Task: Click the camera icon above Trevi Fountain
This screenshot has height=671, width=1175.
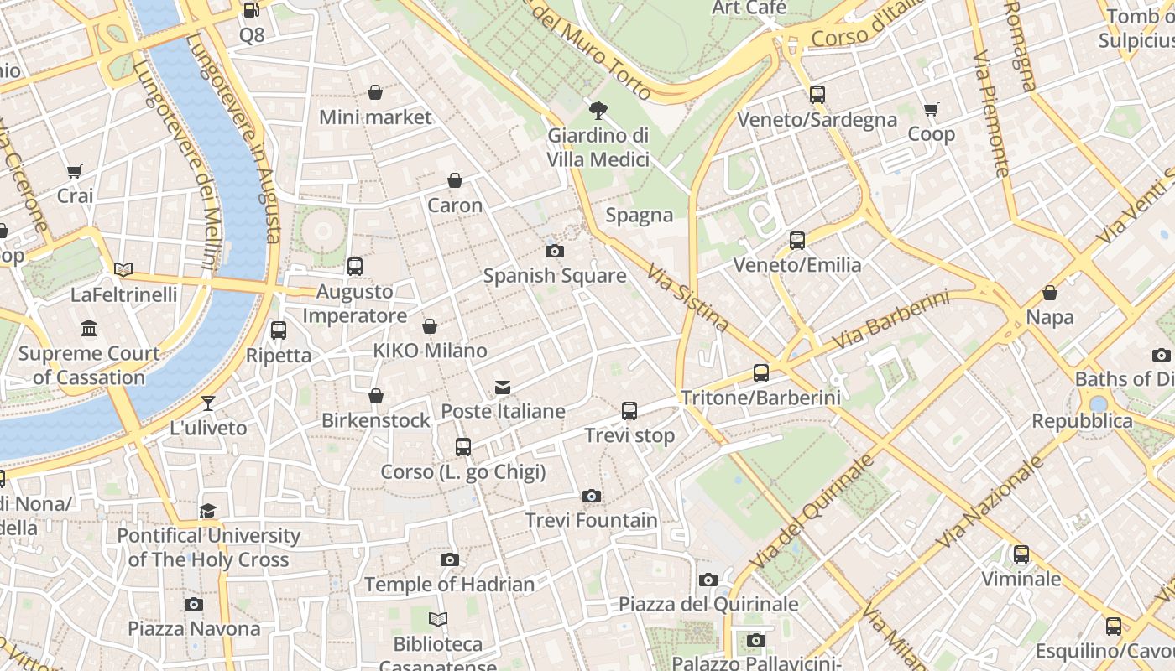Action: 592,496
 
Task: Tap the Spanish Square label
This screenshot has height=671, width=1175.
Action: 554,275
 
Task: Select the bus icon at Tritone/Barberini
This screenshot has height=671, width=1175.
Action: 761,373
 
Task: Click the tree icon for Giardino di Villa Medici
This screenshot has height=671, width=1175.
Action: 598,109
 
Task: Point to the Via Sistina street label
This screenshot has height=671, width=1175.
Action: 688,297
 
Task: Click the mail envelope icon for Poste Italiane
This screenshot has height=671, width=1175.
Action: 503,387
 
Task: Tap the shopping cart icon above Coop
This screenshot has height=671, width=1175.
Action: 931,110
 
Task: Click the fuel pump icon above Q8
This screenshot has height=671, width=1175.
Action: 250,10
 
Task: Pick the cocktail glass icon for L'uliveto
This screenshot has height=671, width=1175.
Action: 208,403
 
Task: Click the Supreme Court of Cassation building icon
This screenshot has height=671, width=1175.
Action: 89,328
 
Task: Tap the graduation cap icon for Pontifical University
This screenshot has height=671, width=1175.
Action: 207,511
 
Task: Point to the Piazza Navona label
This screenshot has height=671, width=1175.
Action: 194,628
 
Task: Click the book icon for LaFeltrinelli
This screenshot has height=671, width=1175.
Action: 123,269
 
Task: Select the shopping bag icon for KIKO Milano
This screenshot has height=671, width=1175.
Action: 430,326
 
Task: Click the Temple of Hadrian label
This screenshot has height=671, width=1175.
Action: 449,584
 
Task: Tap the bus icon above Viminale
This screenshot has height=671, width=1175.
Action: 1021,554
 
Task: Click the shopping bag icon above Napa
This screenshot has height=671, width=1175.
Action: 1049,293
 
